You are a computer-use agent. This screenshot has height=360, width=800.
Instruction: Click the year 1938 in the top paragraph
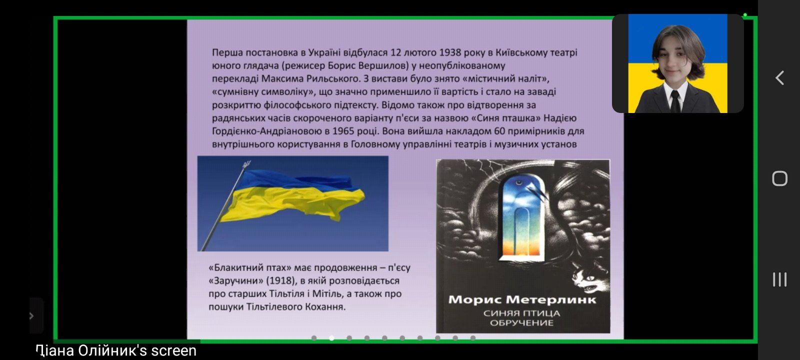coord(450,52)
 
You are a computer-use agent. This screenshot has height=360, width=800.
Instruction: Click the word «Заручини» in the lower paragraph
coord(235,280)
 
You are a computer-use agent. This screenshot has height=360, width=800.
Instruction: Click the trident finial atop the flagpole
coord(246,164)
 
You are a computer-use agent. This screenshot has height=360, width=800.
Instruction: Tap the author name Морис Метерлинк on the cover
coord(522,299)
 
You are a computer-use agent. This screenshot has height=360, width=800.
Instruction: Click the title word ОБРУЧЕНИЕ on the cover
coord(522,323)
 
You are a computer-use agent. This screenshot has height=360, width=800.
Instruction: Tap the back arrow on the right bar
coord(779,78)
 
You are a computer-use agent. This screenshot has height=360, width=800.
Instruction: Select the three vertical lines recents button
coord(779,279)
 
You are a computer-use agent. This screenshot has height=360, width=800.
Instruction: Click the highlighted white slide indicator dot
coord(332,338)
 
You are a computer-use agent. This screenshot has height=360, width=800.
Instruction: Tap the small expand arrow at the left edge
coord(32,315)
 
